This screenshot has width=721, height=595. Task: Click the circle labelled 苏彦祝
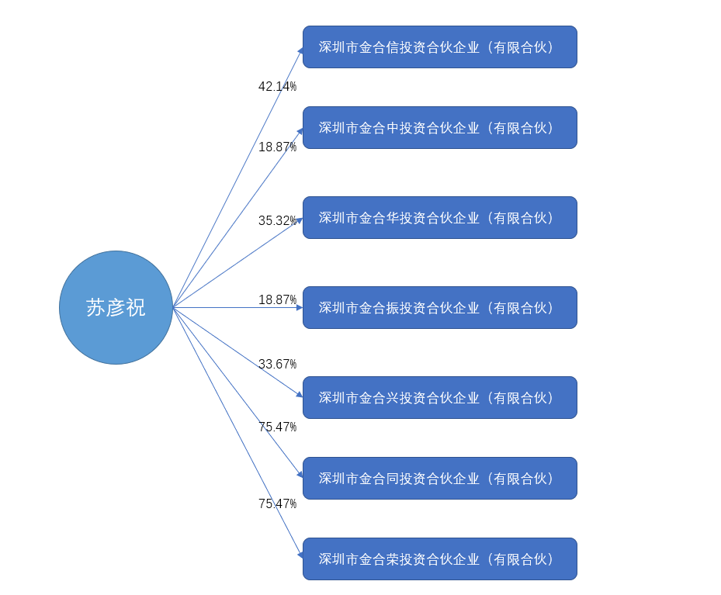point(116,307)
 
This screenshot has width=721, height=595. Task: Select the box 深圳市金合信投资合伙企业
point(439,47)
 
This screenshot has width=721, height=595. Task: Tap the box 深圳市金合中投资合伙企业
point(439,128)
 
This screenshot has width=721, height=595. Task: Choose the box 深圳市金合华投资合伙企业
point(439,218)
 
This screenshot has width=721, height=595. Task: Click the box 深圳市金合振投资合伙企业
point(439,308)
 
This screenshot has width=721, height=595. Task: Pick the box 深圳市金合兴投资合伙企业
point(439,398)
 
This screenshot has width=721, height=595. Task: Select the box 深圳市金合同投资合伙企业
point(439,479)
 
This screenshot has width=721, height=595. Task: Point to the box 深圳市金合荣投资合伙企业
point(439,559)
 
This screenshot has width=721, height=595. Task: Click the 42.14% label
point(277,87)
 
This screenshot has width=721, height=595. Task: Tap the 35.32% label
point(277,221)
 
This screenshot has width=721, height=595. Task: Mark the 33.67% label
point(277,365)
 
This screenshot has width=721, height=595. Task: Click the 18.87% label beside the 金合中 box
point(277,147)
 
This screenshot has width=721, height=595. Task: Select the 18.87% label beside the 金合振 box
point(277,300)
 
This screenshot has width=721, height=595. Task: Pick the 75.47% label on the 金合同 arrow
point(277,427)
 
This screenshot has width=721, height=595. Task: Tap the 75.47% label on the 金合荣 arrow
point(277,504)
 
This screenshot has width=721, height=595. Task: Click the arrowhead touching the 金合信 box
point(300,51)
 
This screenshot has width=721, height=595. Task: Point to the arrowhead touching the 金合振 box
point(299,308)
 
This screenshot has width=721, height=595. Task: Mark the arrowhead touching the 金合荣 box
point(300,555)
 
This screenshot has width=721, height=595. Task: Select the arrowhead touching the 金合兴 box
point(299,395)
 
